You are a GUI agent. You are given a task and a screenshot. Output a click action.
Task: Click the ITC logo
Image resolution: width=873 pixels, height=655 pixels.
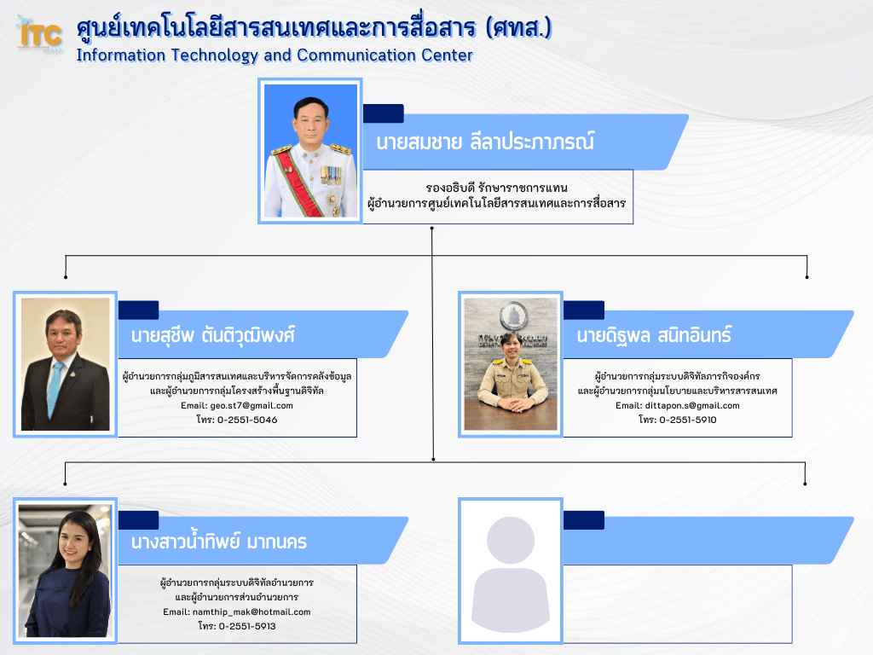pos(39,34)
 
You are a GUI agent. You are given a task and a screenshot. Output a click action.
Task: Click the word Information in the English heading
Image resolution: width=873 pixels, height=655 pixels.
pos(121,55)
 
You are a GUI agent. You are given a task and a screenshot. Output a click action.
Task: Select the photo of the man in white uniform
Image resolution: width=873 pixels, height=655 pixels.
pos(310,151)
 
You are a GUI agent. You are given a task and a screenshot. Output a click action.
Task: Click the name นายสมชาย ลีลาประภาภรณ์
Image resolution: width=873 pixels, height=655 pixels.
pos(485,142)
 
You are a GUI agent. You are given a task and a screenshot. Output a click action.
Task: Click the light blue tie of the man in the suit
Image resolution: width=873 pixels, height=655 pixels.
pos(55,388)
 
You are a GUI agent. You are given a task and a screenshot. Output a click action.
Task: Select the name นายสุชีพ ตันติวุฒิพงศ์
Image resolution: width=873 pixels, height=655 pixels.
pos(213,335)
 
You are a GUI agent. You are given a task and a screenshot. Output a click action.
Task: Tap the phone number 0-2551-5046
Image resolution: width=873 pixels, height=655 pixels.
pos(246,420)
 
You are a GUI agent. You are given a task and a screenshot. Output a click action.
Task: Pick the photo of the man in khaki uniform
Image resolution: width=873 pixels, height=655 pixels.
pos(511,363)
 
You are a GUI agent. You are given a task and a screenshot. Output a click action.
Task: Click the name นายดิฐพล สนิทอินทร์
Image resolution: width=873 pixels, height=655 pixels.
pos(654,335)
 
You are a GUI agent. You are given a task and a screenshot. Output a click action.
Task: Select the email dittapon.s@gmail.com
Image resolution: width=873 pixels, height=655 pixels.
pos(692,405)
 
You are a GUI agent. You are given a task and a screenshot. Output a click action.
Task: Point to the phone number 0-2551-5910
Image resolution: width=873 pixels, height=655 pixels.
pos(688,420)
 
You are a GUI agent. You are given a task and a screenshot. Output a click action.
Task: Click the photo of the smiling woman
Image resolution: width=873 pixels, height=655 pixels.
pos(65,571)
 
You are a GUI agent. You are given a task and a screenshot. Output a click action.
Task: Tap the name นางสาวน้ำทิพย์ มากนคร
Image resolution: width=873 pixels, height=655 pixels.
pos(219,542)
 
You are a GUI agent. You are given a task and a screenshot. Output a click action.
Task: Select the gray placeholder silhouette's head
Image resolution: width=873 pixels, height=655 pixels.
pos(511,540)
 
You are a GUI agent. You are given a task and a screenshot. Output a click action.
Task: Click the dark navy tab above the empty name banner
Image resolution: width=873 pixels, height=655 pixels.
pos(583,520)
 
